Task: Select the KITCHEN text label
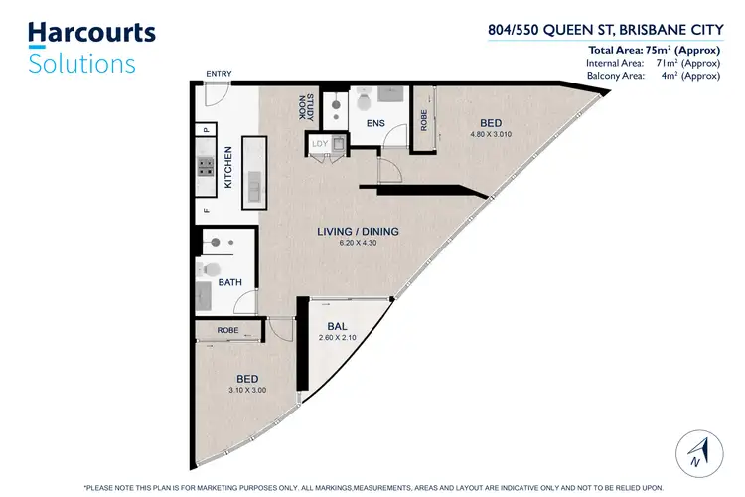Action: click(228, 167)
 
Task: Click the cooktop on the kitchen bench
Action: click(207, 167)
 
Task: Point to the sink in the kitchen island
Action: click(255, 185)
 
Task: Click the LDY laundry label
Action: click(320, 144)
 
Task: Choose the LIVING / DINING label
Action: click(358, 232)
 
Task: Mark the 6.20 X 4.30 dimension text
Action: click(358, 244)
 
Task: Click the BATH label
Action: click(229, 283)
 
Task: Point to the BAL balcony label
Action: click(336, 326)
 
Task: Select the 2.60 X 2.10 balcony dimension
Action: click(336, 338)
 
